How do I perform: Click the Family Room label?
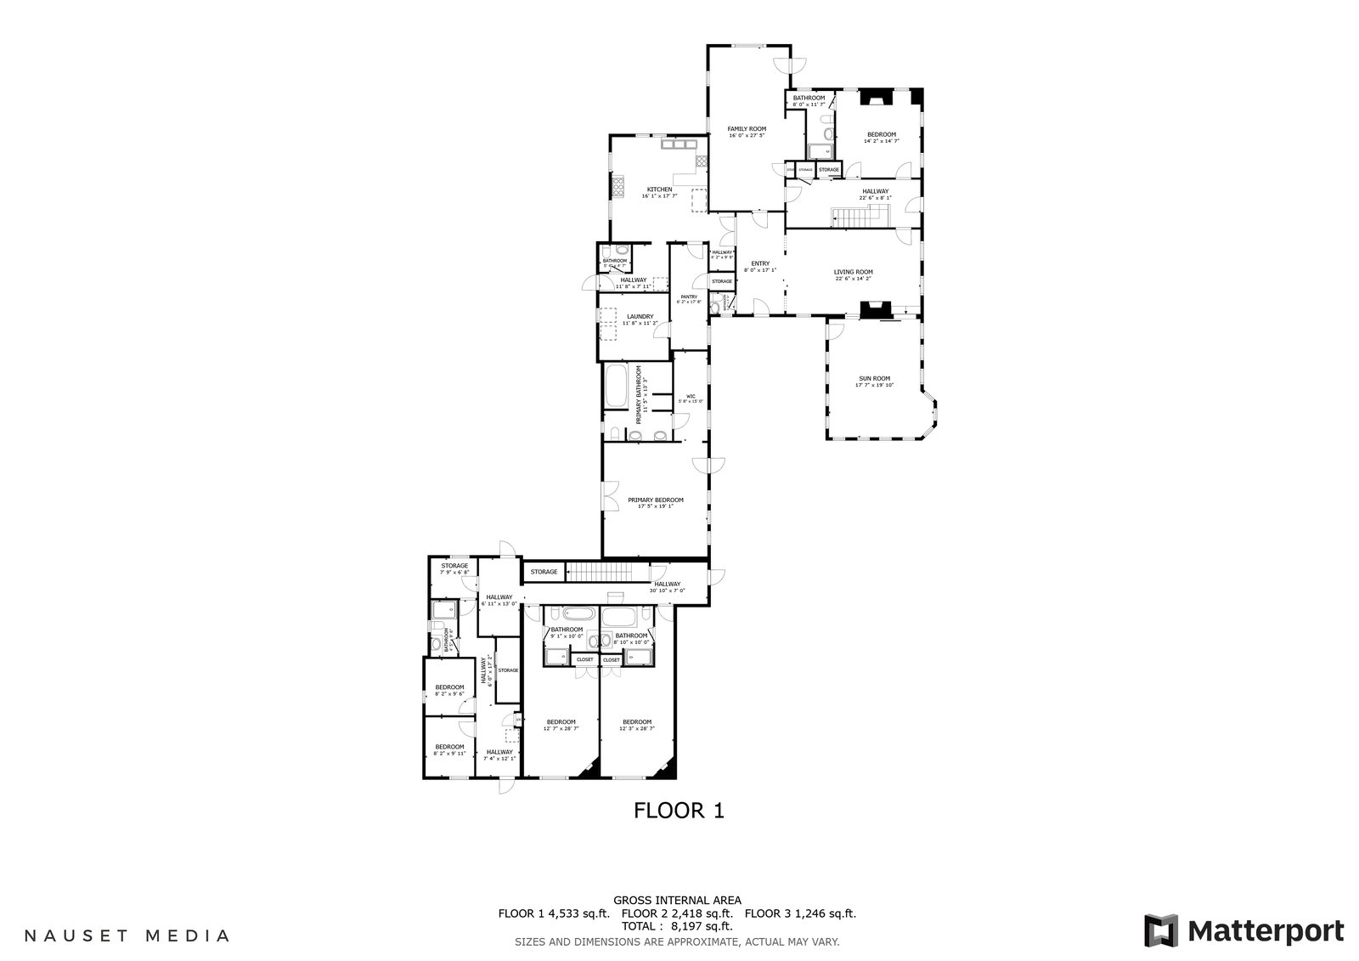(747, 129)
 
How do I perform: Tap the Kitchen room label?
(659, 189)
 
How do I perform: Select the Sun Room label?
(874, 379)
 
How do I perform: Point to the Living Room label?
(853, 273)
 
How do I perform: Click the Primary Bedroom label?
(655, 500)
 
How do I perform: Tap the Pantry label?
(688, 297)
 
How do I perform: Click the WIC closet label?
(691, 397)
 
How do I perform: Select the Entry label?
(760, 263)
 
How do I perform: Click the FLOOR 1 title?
(679, 811)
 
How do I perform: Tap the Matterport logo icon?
(1160, 930)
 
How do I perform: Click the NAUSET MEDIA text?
(127, 936)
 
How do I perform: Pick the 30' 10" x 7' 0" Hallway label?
(668, 584)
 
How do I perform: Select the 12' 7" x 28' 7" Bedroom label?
(561, 722)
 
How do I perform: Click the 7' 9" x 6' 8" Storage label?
(454, 566)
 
